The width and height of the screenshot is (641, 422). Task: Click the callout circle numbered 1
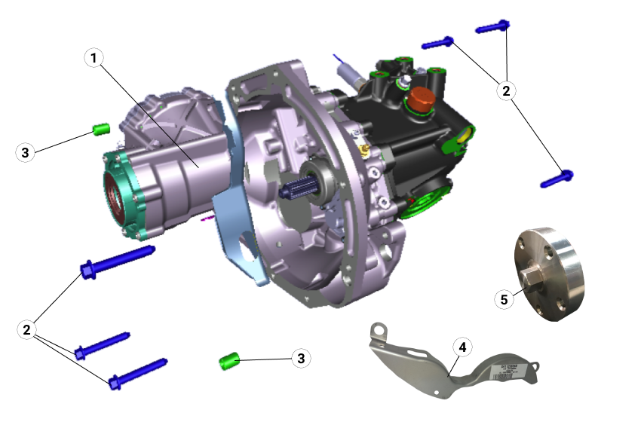[94, 58]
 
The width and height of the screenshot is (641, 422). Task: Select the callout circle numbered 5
[505, 298]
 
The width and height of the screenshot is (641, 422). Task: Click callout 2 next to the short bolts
[506, 90]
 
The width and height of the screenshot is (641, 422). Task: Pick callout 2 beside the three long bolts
[27, 329]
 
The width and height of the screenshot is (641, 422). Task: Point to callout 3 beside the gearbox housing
[26, 152]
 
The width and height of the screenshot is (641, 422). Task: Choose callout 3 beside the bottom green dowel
[301, 359]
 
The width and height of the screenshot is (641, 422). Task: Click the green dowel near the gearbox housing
[102, 129]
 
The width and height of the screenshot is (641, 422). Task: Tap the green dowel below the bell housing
[229, 360]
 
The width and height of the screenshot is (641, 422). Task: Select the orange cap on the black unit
[419, 98]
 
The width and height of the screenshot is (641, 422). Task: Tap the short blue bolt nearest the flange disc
[557, 179]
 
